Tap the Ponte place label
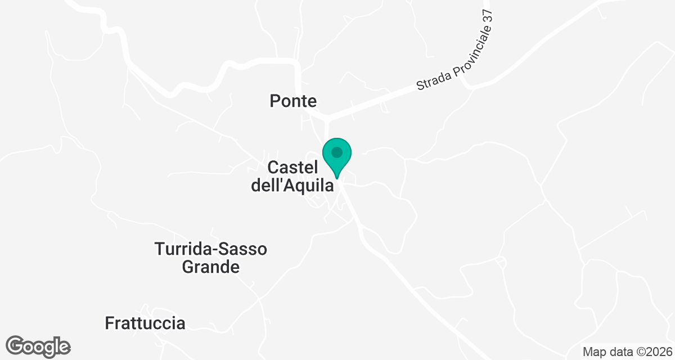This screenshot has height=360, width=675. tap(293, 101)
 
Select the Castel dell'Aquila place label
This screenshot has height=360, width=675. tap(292, 176)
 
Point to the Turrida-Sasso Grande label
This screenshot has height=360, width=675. tap(211, 258)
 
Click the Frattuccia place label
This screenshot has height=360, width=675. tap(145, 323)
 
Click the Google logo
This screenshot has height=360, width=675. tap(38, 346)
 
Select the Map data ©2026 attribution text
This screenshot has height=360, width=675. tap(627, 352)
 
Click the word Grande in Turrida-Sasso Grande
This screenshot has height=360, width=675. tap(211, 267)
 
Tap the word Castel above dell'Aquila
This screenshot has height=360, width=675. tap(293, 168)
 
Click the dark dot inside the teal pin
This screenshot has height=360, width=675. tap(337, 152)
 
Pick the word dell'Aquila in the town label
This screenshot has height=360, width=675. tap(292, 185)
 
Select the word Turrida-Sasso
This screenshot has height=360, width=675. tap(211, 249)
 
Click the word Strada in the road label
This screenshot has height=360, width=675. tap(429, 80)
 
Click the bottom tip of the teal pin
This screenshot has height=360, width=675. tap(337, 178)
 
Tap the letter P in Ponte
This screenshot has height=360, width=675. tap(275, 101)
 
